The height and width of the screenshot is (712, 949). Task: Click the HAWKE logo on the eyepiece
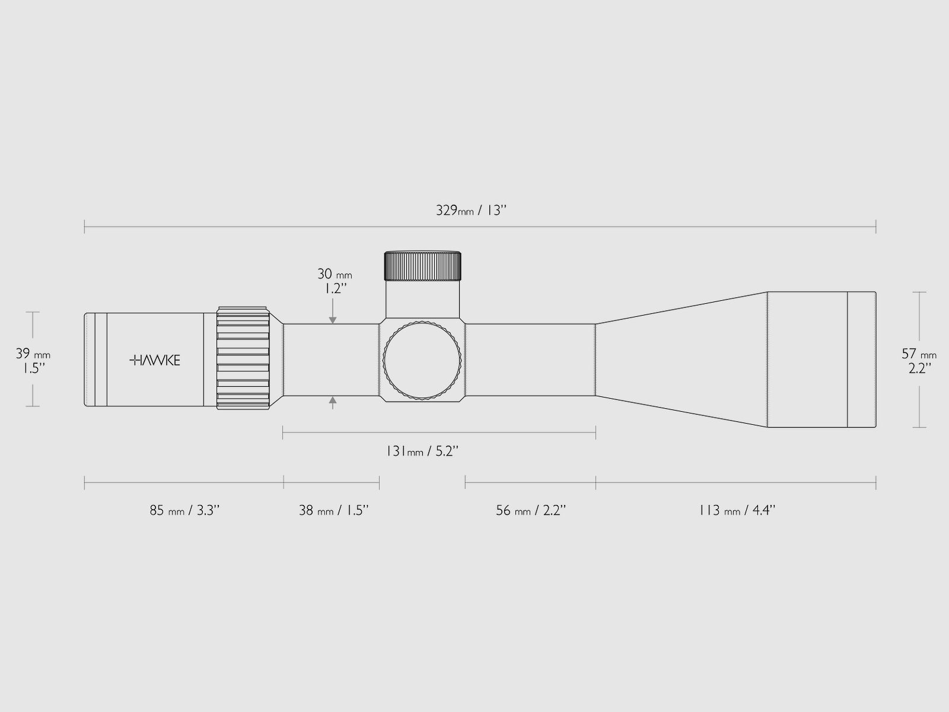pos(155,360)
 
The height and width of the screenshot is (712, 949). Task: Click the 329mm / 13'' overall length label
pos(472,211)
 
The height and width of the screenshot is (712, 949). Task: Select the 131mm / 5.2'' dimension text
pos(422,451)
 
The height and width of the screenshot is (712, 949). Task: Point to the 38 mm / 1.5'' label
pos(333,510)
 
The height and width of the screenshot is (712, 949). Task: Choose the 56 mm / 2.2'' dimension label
pos(531,510)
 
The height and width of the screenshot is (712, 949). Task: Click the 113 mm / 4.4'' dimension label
pos(737,510)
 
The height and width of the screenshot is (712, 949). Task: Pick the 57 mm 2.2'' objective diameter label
pos(919,361)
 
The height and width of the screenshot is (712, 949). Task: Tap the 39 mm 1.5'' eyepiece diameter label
pos(33,361)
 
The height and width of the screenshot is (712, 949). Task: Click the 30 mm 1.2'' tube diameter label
pos(334,281)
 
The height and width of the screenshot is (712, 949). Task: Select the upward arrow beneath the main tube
pos(333,402)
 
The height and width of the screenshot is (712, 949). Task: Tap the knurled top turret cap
pos(423,266)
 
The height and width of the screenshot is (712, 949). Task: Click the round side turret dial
pos(422,360)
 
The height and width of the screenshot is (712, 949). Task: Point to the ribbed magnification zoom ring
pos(244,358)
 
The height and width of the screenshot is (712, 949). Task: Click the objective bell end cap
pos(861,360)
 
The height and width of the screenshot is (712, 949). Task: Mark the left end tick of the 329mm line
pos(85,226)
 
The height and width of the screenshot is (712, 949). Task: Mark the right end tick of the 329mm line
pos(875,226)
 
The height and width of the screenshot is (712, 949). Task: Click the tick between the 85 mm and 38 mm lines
pos(284,482)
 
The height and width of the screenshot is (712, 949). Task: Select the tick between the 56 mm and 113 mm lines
pos(595,482)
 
